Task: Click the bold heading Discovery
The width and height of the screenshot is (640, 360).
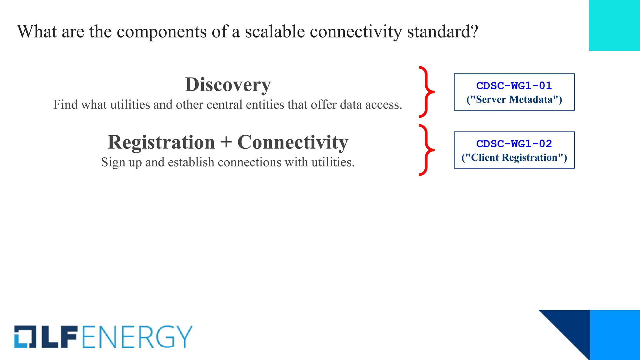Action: [x=228, y=85]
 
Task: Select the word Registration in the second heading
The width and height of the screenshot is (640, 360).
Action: [x=161, y=142]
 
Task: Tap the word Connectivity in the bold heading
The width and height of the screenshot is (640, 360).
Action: [x=292, y=142]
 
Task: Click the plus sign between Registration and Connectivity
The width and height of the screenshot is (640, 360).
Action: [x=226, y=143]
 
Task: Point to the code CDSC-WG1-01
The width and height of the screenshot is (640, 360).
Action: [x=514, y=86]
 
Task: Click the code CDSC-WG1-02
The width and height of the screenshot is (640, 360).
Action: [x=514, y=144]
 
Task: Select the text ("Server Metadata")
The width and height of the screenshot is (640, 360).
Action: [x=514, y=99]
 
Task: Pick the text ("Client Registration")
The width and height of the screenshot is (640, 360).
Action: [x=514, y=157]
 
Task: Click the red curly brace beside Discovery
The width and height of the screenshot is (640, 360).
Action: [x=426, y=92]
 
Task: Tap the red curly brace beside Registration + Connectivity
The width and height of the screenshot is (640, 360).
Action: [x=426, y=150]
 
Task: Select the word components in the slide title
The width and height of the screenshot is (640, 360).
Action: [x=162, y=32]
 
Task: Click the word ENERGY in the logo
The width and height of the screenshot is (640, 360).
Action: [x=137, y=337]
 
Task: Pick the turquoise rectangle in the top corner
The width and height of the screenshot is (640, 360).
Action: [x=614, y=25]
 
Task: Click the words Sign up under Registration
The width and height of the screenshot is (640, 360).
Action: [x=122, y=162]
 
